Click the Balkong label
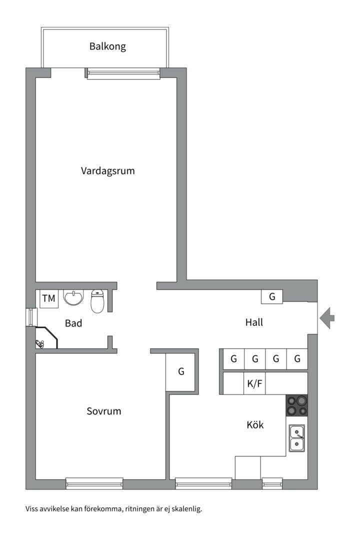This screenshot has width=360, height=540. pyautogui.click(x=107, y=47)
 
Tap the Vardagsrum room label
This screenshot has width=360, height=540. pyautogui.click(x=108, y=171)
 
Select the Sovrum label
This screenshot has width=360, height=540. pyautogui.click(x=104, y=411)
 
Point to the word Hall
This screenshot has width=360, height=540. pyautogui.click(x=254, y=322)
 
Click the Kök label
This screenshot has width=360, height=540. pyautogui.click(x=255, y=425)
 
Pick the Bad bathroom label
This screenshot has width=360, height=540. pyautogui.click(x=73, y=323)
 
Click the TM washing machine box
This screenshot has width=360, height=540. pyautogui.click(x=49, y=299)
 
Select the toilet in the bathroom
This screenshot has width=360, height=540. pyautogui.click(x=97, y=301)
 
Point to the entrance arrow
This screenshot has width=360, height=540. pyautogui.click(x=327, y=318)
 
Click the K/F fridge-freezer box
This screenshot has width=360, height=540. pyautogui.click(x=254, y=384)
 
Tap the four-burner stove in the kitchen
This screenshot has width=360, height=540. pyautogui.click(x=296, y=405)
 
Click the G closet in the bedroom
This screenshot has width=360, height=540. pyautogui.click(x=181, y=372)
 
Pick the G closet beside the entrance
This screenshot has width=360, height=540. pyautogui.click(x=272, y=296)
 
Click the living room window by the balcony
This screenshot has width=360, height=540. pyautogui.click(x=123, y=74)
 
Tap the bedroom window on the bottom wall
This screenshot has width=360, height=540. pyautogui.click(x=94, y=483)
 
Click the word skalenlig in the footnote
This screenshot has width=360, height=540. pyautogui.click(x=185, y=509)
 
